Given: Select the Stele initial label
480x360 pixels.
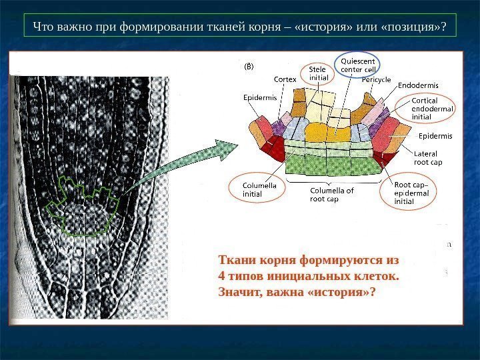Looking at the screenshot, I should click(x=318, y=73).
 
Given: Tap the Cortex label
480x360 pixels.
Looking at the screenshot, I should click(x=285, y=79).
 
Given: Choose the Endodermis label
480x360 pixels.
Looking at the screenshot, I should click(x=418, y=85).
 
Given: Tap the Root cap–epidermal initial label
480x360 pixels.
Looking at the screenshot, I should click(x=412, y=192).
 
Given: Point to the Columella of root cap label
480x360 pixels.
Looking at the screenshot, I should click(x=332, y=194).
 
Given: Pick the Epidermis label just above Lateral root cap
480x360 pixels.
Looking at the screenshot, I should click(x=435, y=136).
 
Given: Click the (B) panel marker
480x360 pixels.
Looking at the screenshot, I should click(x=247, y=67).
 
